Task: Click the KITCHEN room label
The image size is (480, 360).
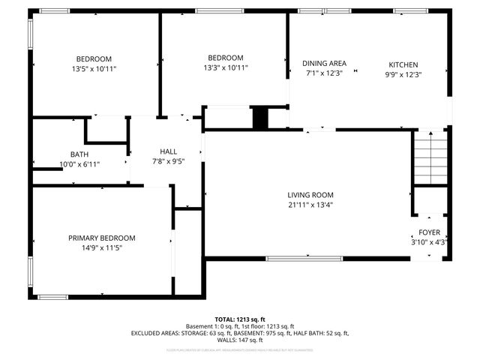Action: pos(403,64)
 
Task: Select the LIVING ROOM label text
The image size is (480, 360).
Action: pos(310,194)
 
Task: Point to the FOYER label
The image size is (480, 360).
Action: pos(429,232)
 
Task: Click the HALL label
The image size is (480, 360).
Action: pos(168,151)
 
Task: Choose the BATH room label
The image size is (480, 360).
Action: pos(79,154)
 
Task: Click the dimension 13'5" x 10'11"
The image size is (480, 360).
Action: pos(94,69)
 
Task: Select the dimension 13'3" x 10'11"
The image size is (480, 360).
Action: pos(226,67)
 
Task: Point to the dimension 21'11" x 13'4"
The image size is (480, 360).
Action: pos(310,204)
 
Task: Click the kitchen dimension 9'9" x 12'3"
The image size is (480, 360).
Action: pos(403,74)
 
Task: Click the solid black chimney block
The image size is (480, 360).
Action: pos(259,118)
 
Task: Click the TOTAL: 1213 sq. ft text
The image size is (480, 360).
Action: pos(240,319)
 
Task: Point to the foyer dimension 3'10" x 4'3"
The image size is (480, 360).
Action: pos(429,242)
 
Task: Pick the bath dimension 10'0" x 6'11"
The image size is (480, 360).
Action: pos(79,163)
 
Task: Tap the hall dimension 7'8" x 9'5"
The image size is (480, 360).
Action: pos(168,160)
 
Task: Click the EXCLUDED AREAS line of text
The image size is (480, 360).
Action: pos(240,332)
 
